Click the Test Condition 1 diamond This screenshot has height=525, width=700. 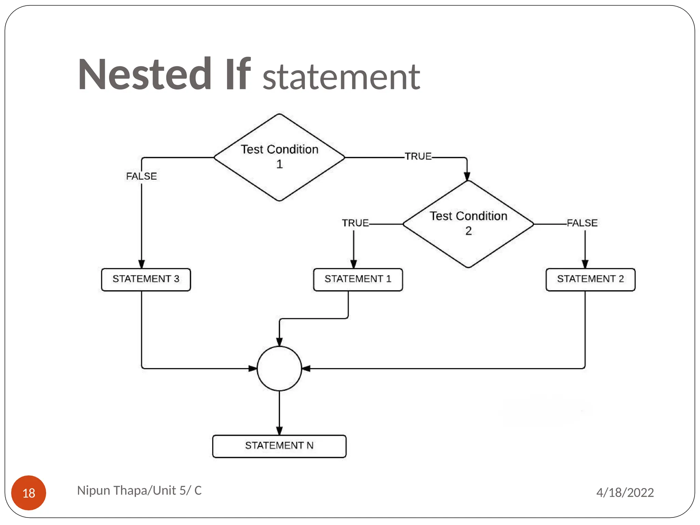pyautogui.click(x=279, y=157)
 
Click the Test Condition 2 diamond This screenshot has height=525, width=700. pyautogui.click(x=468, y=224)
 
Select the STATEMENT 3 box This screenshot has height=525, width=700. pyautogui.click(x=146, y=280)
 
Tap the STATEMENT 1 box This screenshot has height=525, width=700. pyautogui.click(x=358, y=280)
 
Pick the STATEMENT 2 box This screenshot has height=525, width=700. pyautogui.click(x=590, y=280)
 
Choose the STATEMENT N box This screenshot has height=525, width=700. pyautogui.click(x=279, y=446)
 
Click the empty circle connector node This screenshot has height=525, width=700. pyautogui.click(x=279, y=368)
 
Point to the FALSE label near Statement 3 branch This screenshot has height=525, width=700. pyautogui.click(x=141, y=176)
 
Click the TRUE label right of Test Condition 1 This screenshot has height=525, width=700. pyautogui.click(x=418, y=156)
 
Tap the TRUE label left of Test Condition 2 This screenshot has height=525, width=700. pyautogui.click(x=355, y=223)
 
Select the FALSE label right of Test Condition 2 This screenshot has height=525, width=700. pyautogui.click(x=582, y=223)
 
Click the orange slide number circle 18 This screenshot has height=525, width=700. pyautogui.click(x=29, y=493)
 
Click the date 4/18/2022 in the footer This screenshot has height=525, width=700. pyautogui.click(x=625, y=493)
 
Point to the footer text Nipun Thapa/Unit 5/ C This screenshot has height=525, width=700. pyautogui.click(x=139, y=490)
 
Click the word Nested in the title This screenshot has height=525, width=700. pyautogui.click(x=145, y=75)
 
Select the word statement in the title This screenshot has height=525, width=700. pyautogui.click(x=341, y=77)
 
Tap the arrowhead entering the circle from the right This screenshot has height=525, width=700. pyautogui.click(x=306, y=368)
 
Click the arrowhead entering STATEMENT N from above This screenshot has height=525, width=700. pyautogui.click(x=279, y=431)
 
